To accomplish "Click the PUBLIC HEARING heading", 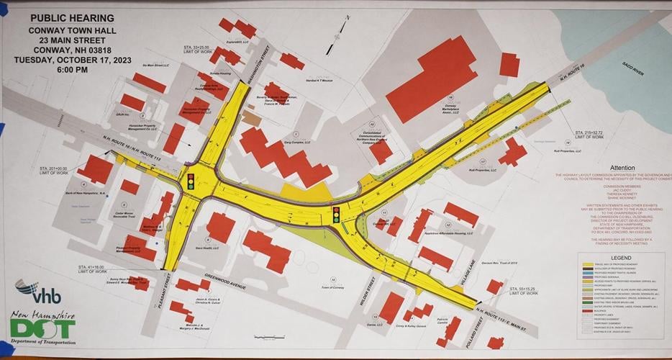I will coord(71,17).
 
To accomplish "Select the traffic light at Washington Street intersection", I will coord(191,181).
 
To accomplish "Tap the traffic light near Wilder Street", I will coord(336,215).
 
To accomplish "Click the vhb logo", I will coord(38,291).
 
